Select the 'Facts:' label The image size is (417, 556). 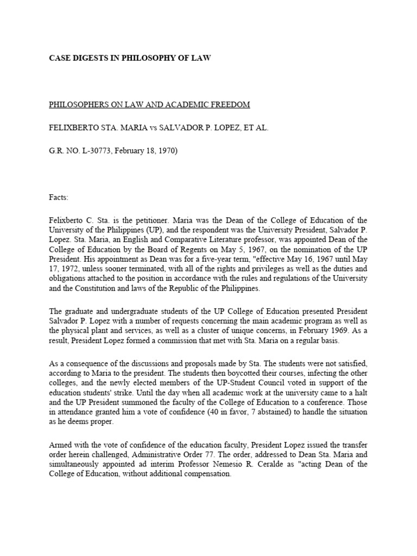pos(59,198)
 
